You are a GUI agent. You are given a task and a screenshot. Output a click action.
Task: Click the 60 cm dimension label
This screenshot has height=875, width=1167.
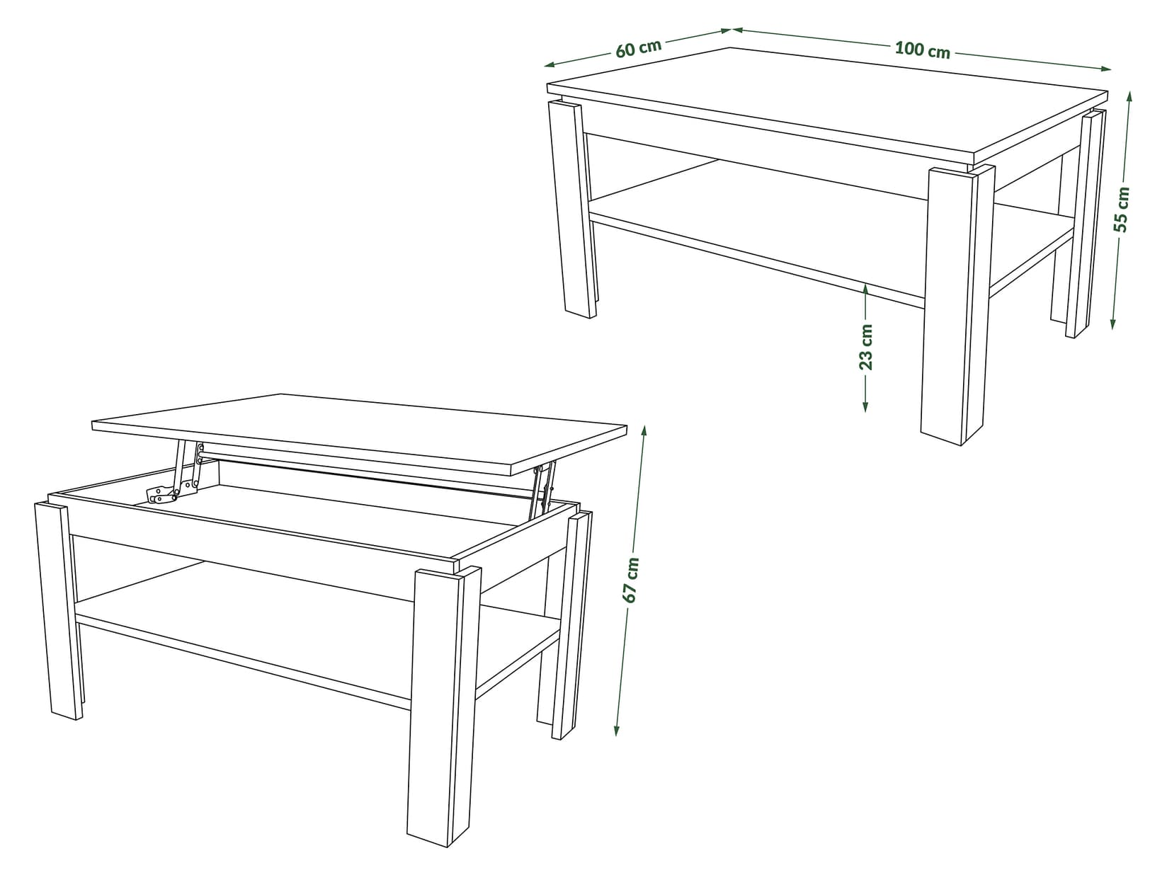[x=638, y=48]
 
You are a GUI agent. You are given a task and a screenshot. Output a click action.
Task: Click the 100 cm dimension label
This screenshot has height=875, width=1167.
[x=922, y=50]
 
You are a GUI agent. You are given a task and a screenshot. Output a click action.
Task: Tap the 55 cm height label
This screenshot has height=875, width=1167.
[x=1121, y=209]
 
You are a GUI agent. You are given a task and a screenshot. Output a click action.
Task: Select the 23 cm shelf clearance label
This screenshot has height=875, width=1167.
[x=866, y=347]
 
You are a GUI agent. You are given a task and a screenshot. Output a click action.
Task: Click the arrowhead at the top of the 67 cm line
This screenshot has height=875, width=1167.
[x=644, y=430]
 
